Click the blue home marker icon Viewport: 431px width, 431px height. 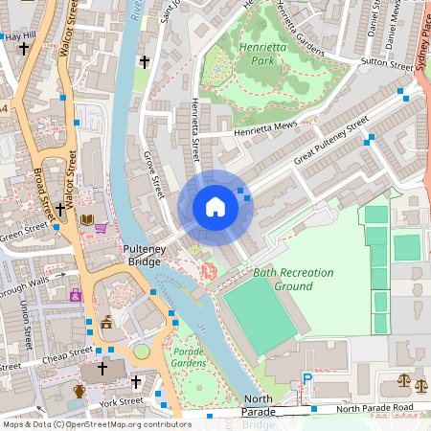[x=215, y=206]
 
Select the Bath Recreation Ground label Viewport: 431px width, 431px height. [x=293, y=279]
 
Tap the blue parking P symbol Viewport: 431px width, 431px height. [x=307, y=380]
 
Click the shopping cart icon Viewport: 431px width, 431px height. [x=101, y=228]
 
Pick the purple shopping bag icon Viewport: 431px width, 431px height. [x=76, y=296]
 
